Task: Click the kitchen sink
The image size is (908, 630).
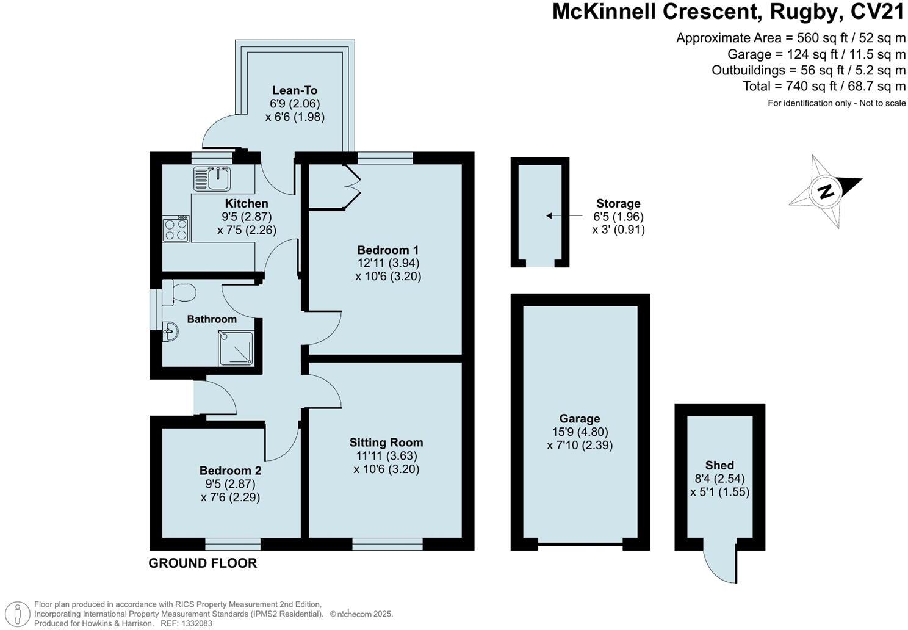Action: pos(212,179)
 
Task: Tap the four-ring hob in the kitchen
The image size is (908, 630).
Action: pos(176,230)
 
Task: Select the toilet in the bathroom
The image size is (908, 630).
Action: pos(179,293)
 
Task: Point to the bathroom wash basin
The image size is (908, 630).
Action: pos(170,331)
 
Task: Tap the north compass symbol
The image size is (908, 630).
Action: pos(825,191)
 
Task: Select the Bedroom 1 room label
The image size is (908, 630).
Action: pos(387,250)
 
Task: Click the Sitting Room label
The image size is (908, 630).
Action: pos(386,443)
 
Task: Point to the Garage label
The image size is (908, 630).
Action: pos(580,418)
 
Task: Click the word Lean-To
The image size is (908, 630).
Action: pos(295,90)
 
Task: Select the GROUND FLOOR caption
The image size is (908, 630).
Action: pos(203,563)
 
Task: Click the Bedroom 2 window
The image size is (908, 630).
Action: pos(232,544)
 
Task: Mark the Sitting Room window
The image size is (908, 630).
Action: pos(387,544)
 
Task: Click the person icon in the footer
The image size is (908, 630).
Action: pos(18,614)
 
